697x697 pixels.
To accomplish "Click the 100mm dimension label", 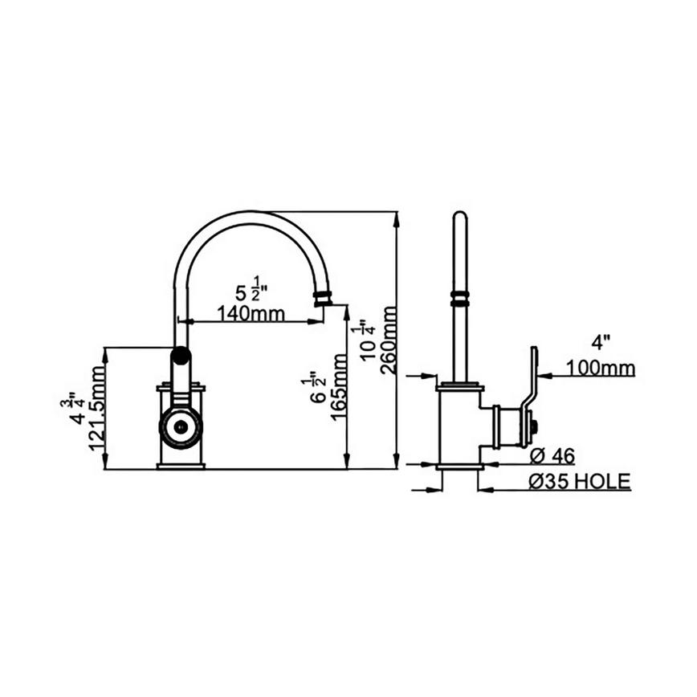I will pyautogui.click(x=600, y=369).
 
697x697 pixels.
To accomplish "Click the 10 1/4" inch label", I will pyautogui.click(x=366, y=341).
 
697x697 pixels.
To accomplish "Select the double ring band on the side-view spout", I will pyautogui.click(x=459, y=298).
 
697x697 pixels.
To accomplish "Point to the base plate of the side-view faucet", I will pyautogui.click(x=459, y=465).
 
